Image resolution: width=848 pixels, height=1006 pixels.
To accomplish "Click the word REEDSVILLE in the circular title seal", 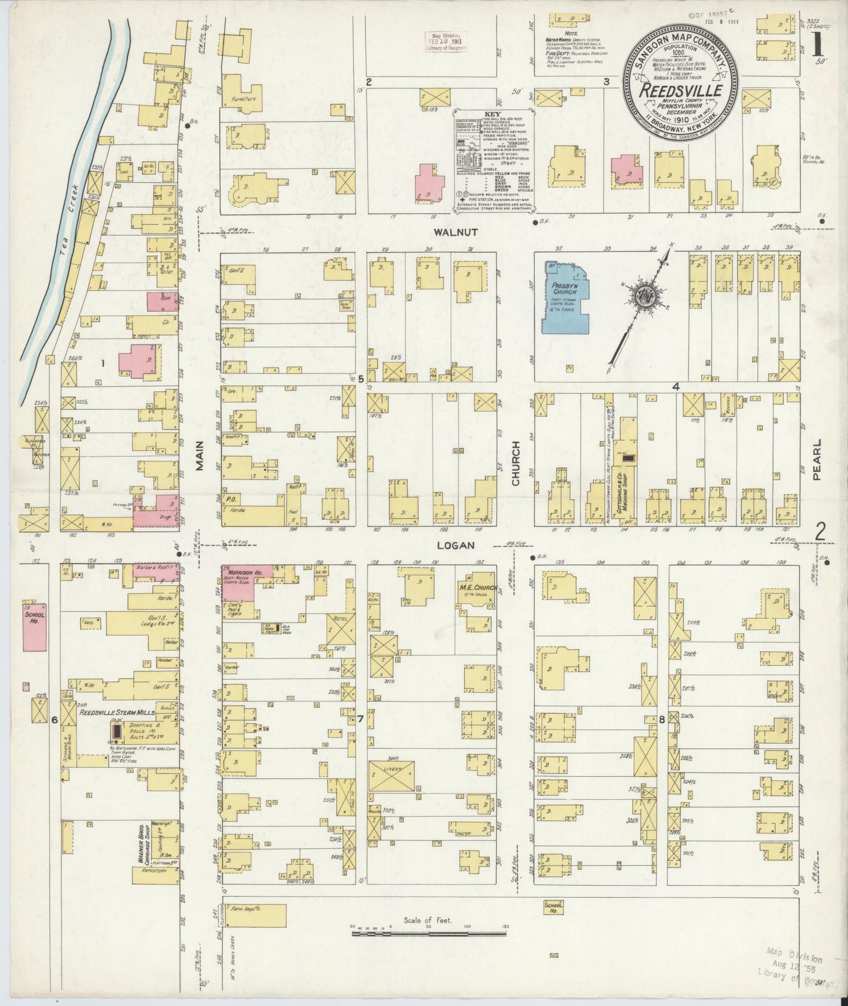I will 680,91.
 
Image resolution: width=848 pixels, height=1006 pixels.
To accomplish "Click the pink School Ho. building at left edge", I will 35,626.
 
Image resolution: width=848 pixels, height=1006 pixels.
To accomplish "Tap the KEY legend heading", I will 492,114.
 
